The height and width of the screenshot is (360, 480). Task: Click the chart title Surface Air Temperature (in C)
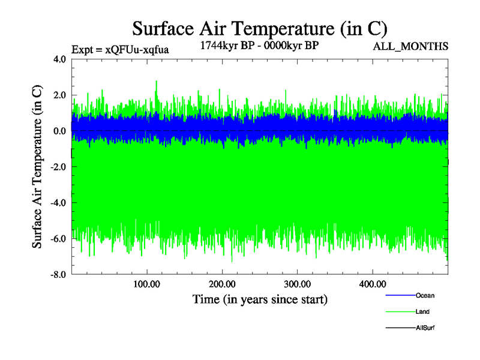click(260, 28)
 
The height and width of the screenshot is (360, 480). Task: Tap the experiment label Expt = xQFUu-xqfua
click(120, 50)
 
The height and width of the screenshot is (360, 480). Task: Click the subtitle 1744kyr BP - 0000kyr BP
click(259, 46)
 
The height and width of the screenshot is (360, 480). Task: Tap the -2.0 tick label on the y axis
click(58, 167)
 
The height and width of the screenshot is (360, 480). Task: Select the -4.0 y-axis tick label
click(58, 203)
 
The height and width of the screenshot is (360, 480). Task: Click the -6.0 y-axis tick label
click(58, 239)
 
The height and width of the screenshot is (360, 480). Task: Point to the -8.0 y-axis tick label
click(58, 275)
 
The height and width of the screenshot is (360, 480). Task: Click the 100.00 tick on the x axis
click(147, 284)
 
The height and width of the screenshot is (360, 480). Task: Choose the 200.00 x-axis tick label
click(222, 284)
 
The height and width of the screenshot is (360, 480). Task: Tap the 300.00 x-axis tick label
click(297, 284)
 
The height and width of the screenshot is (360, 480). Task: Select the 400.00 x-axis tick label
click(372, 284)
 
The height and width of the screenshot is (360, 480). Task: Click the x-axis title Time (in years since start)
click(260, 299)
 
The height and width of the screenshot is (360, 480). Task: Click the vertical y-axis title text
click(37, 167)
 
